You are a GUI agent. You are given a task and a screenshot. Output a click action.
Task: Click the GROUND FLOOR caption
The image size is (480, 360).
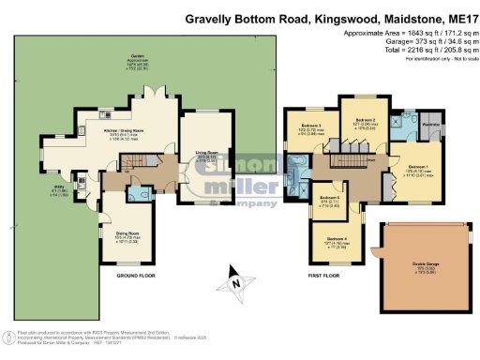point(135,277)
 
